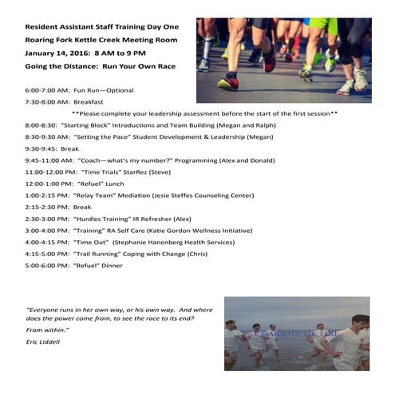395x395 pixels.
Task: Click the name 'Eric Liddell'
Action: coord(43,342)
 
